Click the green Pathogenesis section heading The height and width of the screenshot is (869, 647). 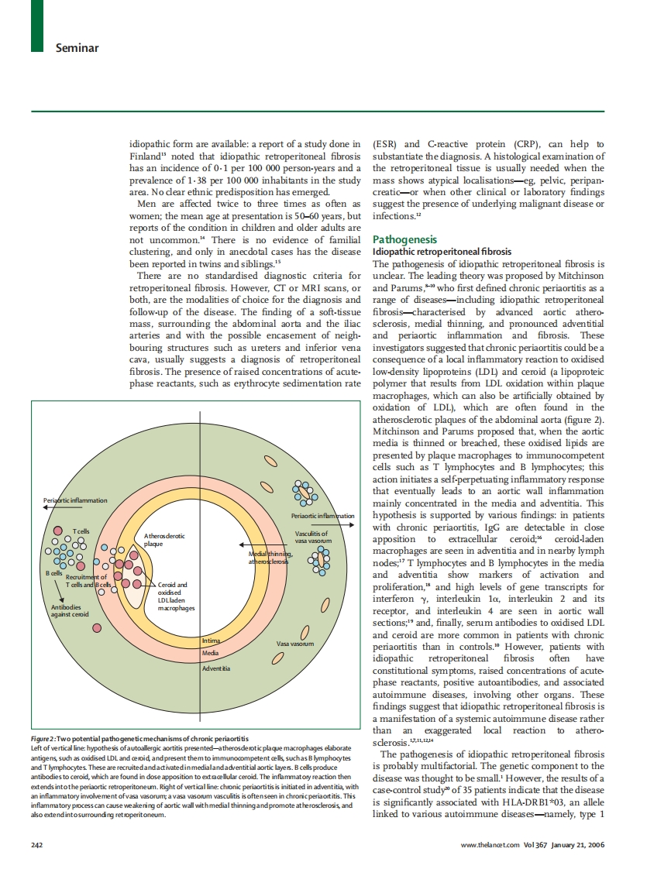pos(404,239)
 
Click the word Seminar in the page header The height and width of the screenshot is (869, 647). pos(77,48)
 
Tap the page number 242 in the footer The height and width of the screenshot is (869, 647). pos(36,843)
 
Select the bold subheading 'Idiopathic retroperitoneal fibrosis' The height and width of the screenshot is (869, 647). pos(442,252)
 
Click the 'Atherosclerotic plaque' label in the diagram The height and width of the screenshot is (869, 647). pos(163,539)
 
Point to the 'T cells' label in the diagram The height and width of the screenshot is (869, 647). pos(81,531)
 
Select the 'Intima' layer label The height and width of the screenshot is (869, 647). pos(210,640)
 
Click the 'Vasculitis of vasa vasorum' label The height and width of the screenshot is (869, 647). pos(312,537)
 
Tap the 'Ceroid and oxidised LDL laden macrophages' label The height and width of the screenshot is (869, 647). pos(174,596)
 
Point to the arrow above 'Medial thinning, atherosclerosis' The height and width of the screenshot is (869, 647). pos(263,545)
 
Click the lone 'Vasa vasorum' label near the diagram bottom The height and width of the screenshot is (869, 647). pos(294,643)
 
